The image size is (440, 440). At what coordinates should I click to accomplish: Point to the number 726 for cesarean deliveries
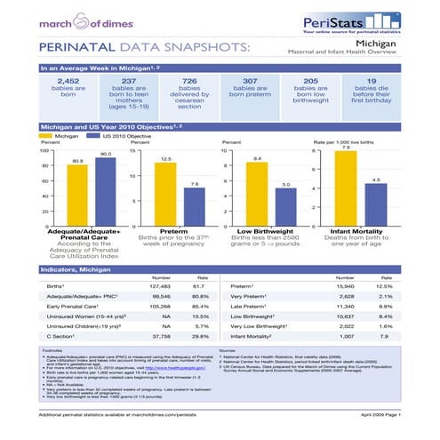[x=189, y=81]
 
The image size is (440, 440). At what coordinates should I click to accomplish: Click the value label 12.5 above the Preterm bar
[x=164, y=158]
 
